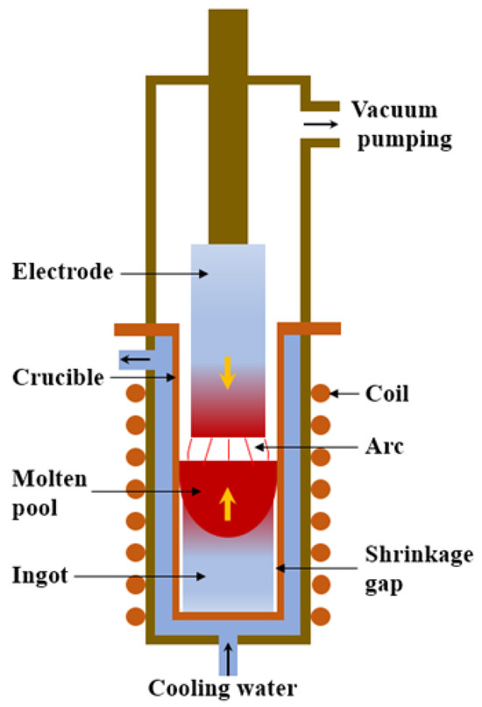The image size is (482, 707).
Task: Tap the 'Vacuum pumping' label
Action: [x=401, y=124]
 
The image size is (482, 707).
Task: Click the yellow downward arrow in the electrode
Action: [x=227, y=372]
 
